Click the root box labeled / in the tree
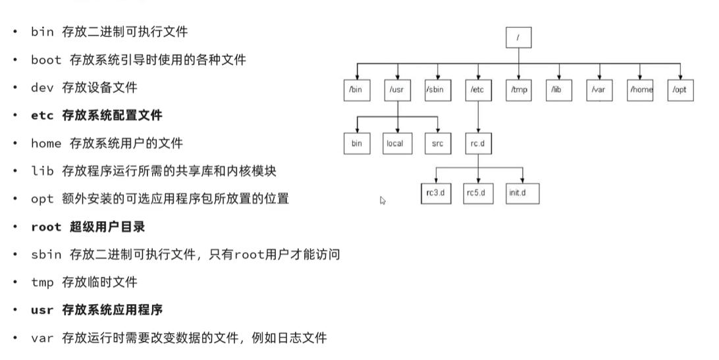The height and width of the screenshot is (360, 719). click(519, 38)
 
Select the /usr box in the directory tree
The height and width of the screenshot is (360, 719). click(397, 90)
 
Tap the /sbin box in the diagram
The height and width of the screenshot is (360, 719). click(437, 90)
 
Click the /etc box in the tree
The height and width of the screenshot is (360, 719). click(478, 90)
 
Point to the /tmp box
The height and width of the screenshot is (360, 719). click(519, 90)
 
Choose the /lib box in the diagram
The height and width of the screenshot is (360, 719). click(559, 90)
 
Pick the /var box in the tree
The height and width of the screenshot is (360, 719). click(599, 90)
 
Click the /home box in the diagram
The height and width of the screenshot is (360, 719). click(640, 90)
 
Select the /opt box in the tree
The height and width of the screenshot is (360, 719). click(680, 90)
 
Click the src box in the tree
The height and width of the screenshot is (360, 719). click(437, 143)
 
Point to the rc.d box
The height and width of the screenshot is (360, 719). click(478, 143)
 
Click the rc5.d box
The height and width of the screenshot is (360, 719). click(478, 193)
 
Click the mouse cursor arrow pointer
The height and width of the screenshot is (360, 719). click(383, 200)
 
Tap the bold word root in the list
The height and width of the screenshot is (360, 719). click(46, 227)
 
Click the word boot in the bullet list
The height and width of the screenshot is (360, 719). click(46, 60)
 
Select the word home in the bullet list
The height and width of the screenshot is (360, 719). click(46, 143)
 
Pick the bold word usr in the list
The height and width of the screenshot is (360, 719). click(42, 310)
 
